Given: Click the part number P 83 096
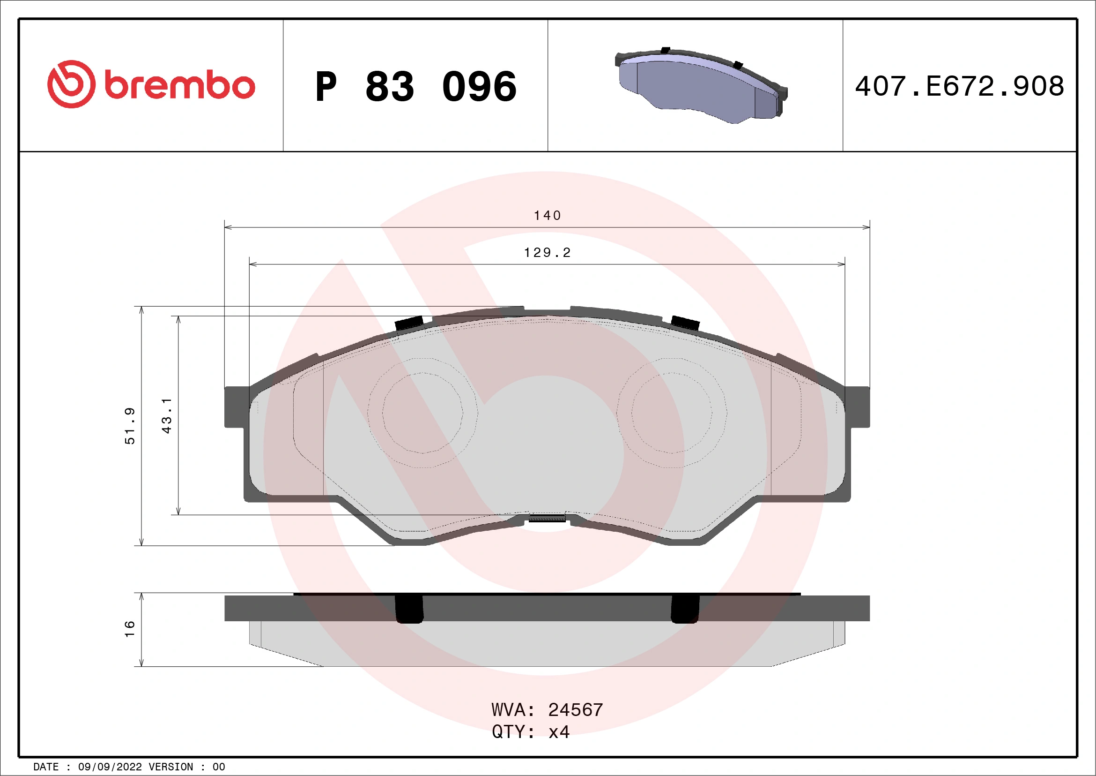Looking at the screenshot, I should click(415, 87).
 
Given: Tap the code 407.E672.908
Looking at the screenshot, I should click(960, 86).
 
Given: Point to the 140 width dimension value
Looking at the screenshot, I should click(547, 216).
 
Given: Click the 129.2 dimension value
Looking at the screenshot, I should click(547, 252).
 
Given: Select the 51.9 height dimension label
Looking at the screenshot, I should click(130, 426).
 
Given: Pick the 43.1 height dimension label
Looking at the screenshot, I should click(167, 415).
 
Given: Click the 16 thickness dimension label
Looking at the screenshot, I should click(130, 629).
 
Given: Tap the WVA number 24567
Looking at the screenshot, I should click(575, 710).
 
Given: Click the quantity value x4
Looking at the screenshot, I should click(559, 732).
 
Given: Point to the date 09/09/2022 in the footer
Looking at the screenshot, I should click(110, 767).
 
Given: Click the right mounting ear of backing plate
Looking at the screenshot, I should click(857, 407).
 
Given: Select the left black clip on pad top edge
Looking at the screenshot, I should click(409, 323).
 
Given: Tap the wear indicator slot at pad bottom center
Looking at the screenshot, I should click(547, 518).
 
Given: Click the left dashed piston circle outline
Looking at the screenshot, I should click(422, 413).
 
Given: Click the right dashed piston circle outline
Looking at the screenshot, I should click(672, 413).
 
